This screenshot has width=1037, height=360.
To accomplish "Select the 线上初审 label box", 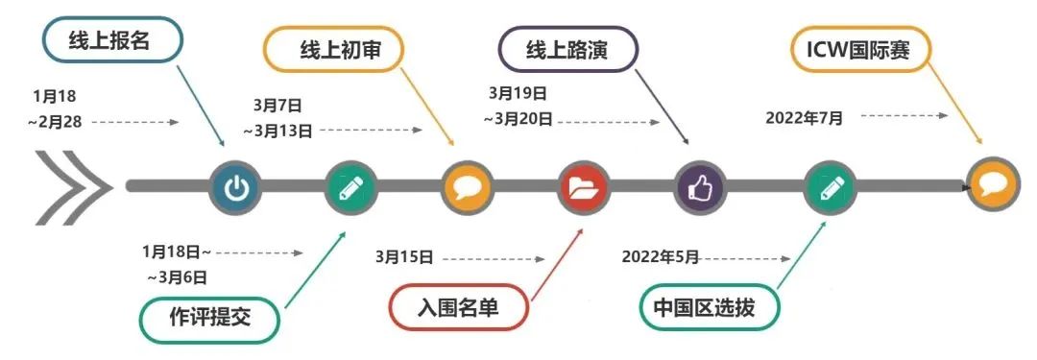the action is pyautogui.click(x=333, y=50).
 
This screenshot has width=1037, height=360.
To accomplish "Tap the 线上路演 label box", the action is pyautogui.click(x=567, y=50).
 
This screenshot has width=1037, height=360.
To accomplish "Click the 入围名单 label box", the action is pyautogui.click(x=458, y=309).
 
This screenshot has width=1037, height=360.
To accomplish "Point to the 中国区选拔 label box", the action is pyautogui.click(x=710, y=309).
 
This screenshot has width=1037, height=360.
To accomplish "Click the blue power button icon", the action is pyautogui.click(x=235, y=186).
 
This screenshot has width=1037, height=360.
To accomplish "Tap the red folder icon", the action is pyautogui.click(x=584, y=186).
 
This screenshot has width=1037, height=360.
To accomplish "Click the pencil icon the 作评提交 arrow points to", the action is pyautogui.click(x=351, y=186).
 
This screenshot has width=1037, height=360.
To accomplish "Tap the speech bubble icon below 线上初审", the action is pyautogui.click(x=468, y=186).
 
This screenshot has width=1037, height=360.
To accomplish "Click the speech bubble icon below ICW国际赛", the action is pyautogui.click(x=992, y=185).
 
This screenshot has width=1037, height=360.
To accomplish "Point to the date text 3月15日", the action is pyautogui.click(x=404, y=257).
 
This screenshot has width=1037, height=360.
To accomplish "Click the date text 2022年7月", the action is pyautogui.click(x=805, y=117).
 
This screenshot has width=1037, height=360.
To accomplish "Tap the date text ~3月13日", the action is pyautogui.click(x=277, y=130).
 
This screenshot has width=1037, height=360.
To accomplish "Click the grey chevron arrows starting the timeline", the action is pyautogui.click(x=68, y=184).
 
